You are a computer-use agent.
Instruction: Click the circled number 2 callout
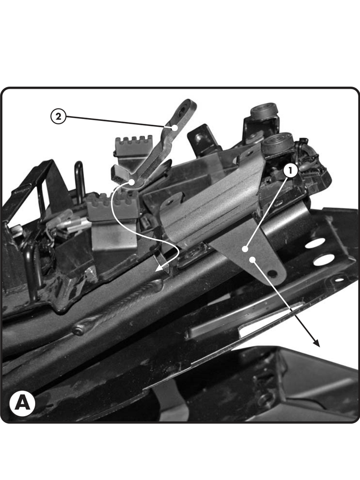coord(58,117)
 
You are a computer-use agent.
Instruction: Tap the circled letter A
coord(23,403)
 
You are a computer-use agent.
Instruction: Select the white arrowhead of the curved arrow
coord(161,267)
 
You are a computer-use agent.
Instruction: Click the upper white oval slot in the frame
coord(315,244)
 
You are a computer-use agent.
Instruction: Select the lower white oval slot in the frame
coord(323,260)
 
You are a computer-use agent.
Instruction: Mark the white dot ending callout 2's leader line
coord(175,127)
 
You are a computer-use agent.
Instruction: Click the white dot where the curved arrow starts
coord(132,182)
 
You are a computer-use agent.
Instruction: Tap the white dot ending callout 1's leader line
coord(245,249)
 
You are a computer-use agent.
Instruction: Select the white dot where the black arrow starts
coord(252,260)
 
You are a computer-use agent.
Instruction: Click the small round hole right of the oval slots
coord(339,279)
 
